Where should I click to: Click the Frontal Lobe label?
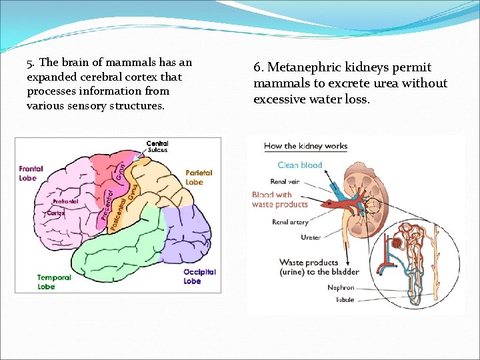tap(31, 173)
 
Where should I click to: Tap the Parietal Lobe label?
tap(199, 177)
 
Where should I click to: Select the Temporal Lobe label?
tap(55, 282)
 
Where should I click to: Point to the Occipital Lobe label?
tap(199, 277)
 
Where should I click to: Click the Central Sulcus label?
tap(157, 147)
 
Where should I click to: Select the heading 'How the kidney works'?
tap(305, 146)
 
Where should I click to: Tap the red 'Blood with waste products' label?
tap(279, 199)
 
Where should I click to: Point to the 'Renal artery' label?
tap(289, 222)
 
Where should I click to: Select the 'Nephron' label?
tap(341, 287)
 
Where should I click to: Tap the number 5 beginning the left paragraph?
tap(29, 63)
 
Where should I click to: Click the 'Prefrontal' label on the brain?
tap(65, 201)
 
